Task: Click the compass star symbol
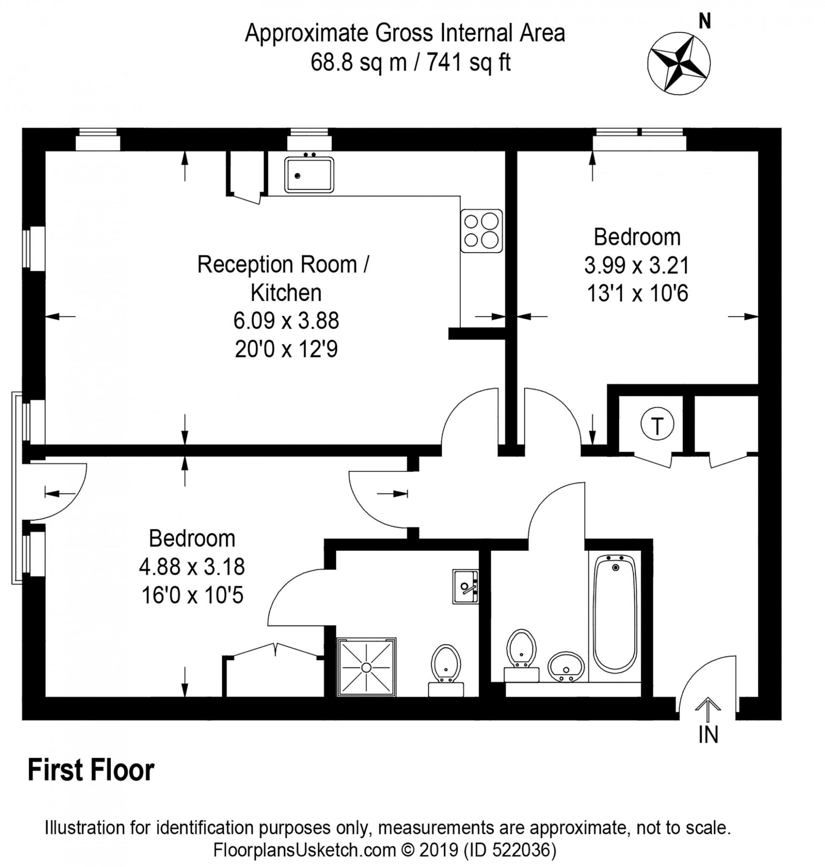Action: pos(678,64)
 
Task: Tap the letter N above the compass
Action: pos(705,21)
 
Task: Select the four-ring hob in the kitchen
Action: pos(482,231)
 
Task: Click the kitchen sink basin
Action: pos(309,174)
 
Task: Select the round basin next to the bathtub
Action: pos(566,666)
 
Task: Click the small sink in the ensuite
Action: pos(465,586)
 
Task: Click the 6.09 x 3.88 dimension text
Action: pos(286,321)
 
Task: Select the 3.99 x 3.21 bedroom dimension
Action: pos(637,265)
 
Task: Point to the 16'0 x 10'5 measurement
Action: pos(192,596)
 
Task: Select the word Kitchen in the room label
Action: pos(286,293)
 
